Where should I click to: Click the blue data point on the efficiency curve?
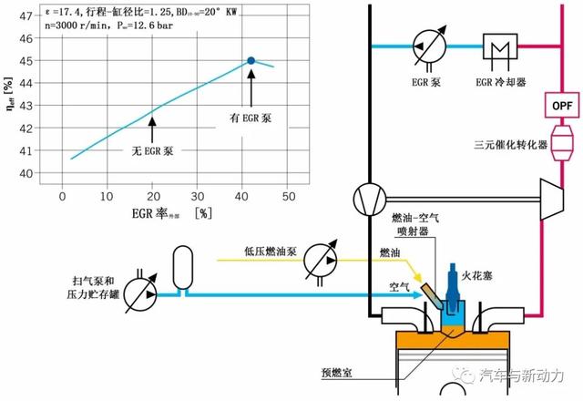point(251,60)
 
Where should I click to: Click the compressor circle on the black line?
point(368,198)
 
